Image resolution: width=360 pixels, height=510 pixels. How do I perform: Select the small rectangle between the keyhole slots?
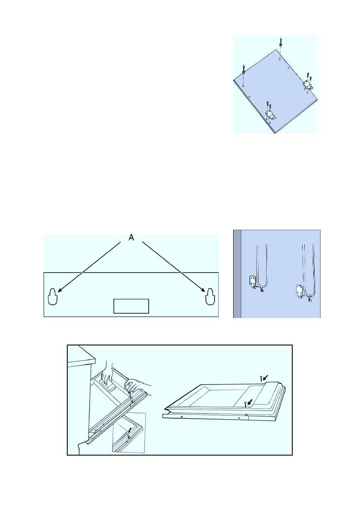tap(131, 306)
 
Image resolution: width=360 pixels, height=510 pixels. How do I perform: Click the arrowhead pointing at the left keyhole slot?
tap(59, 291)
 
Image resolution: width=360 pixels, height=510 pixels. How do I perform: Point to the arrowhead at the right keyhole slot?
tap(203, 291)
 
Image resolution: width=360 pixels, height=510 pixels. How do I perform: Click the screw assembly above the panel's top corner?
tap(280, 43)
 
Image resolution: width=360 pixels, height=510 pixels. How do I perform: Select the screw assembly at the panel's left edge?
tap(243, 72)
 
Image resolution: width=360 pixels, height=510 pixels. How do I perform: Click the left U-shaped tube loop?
tap(262, 266)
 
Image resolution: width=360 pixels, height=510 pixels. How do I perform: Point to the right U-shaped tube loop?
tap(309, 266)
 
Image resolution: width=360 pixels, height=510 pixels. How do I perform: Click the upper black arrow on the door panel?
tap(266, 377)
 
